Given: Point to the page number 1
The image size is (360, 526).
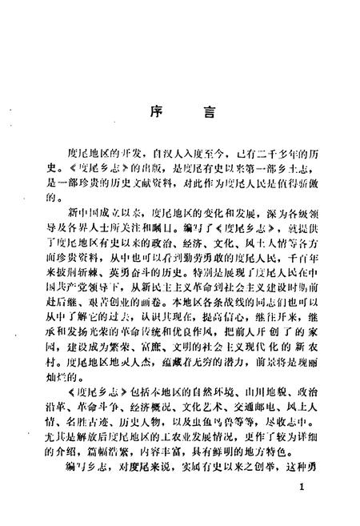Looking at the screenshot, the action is tap(300, 508).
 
